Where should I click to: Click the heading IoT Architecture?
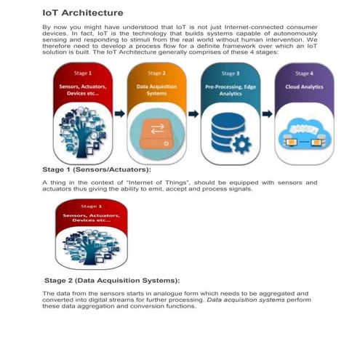pos(82,12)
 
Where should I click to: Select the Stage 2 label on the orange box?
pos(156,73)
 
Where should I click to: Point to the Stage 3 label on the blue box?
pos(230,73)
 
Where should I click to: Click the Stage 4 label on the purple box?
pos(304,73)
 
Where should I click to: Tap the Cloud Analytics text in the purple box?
pos(304,87)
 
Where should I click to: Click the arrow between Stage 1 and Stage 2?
pos(119,114)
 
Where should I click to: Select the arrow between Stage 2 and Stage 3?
pos(193,114)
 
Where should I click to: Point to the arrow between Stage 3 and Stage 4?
pos(267,114)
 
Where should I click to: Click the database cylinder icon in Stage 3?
pos(223,131)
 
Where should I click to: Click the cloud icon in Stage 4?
pos(304,131)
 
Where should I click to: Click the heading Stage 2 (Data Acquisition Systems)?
pos(112,280)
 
